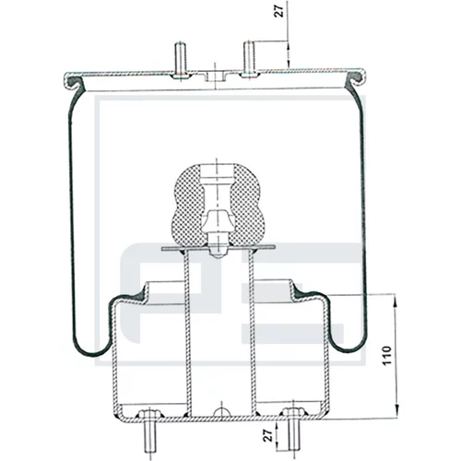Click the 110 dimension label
click(x=387, y=356)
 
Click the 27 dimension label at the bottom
click(x=268, y=435)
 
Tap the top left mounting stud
click(x=180, y=60)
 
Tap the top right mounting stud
click(x=250, y=59)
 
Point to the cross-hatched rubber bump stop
click(x=218, y=205)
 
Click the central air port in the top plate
click(x=215, y=77)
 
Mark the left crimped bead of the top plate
click(x=74, y=82)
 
